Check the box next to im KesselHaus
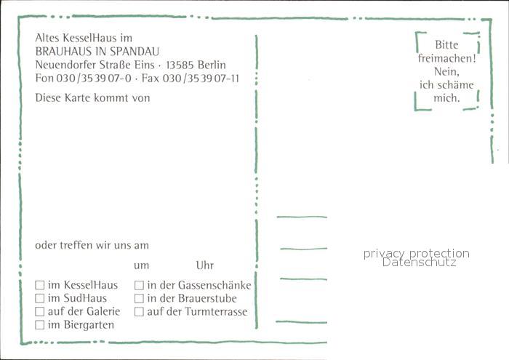39,285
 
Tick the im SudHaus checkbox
39,298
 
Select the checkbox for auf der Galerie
39,311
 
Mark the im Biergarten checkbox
39,324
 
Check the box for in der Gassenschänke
139,285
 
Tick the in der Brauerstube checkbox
139,298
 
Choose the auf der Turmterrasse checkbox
139,311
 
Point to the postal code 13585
180,65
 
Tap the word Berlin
212,65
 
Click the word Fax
151,79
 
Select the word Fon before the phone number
44,79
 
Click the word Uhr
205,265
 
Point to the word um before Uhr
142,266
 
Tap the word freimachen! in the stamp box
446,58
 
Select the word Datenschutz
419,263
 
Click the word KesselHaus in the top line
89,38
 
